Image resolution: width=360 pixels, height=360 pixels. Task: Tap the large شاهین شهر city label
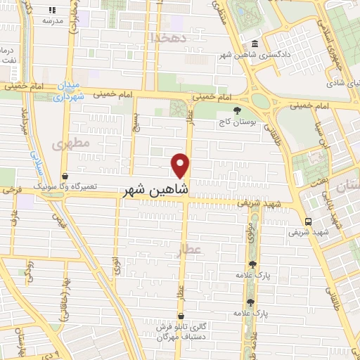[155, 189]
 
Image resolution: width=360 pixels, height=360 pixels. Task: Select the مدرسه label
[53, 21]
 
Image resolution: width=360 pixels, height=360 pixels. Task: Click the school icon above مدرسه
[53, 11]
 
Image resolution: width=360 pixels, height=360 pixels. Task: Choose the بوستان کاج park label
[237, 121]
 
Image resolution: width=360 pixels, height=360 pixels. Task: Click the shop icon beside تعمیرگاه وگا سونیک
[65, 176]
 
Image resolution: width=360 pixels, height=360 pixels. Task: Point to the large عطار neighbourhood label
[208, 250]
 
